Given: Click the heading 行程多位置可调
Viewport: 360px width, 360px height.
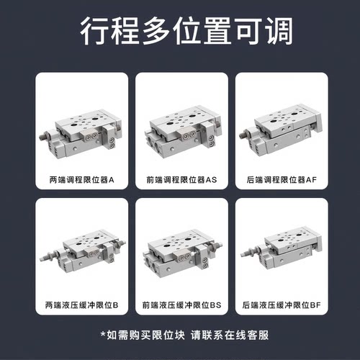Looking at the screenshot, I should click(x=180, y=33).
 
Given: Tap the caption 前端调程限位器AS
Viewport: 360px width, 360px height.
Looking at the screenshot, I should click(x=180, y=180).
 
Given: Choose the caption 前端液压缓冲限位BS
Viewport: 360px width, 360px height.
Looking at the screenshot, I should click(x=180, y=305).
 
